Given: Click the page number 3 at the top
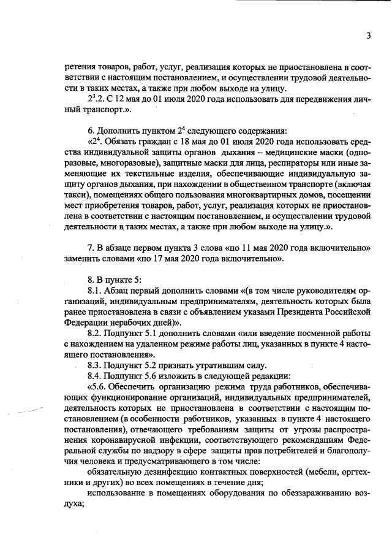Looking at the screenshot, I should [x=369, y=36].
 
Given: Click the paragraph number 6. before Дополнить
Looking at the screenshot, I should [x=92, y=129].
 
